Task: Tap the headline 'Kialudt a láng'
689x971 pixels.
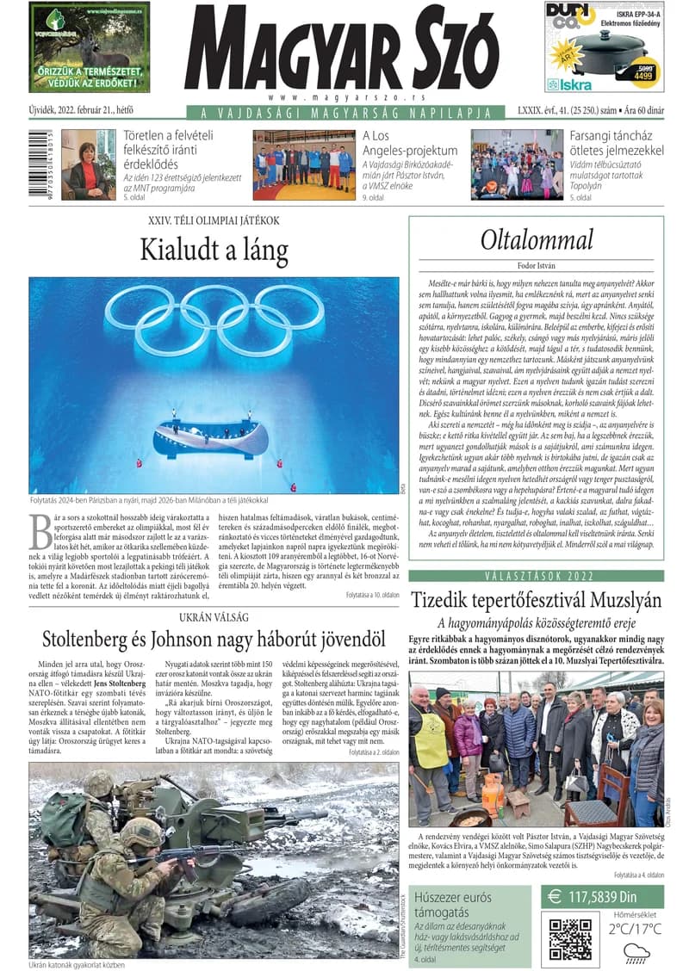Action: (x=214, y=250)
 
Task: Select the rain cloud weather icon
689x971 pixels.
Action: (x=636, y=951)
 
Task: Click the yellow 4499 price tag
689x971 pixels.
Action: (x=642, y=75)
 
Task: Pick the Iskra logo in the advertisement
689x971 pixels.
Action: (x=570, y=85)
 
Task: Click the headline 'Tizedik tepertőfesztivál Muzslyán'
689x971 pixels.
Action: (x=536, y=601)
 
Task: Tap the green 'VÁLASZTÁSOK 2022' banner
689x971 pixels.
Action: (x=536, y=576)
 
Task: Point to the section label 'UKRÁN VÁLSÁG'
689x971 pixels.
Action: (x=214, y=617)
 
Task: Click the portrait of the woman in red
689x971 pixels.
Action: (x=88, y=164)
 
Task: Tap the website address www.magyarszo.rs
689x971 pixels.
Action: (x=341, y=99)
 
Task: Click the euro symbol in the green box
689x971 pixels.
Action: (x=556, y=898)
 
